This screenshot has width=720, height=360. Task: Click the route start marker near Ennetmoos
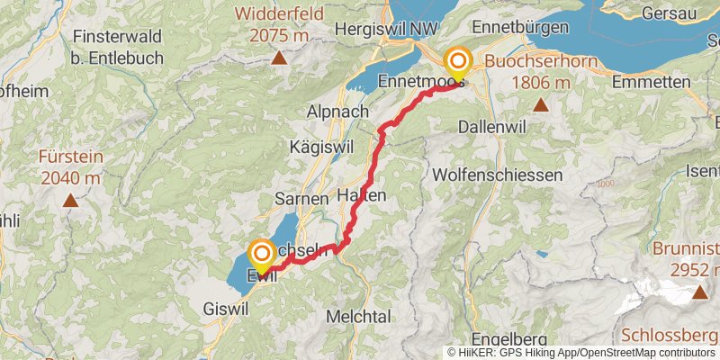(458, 62)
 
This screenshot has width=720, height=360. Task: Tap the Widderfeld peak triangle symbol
(279, 59)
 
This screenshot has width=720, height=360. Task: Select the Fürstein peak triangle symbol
(70, 202)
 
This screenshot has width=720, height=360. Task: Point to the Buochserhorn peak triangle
(541, 105)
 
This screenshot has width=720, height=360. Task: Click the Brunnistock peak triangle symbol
(700, 292)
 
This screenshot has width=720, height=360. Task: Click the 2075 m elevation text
(278, 35)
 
